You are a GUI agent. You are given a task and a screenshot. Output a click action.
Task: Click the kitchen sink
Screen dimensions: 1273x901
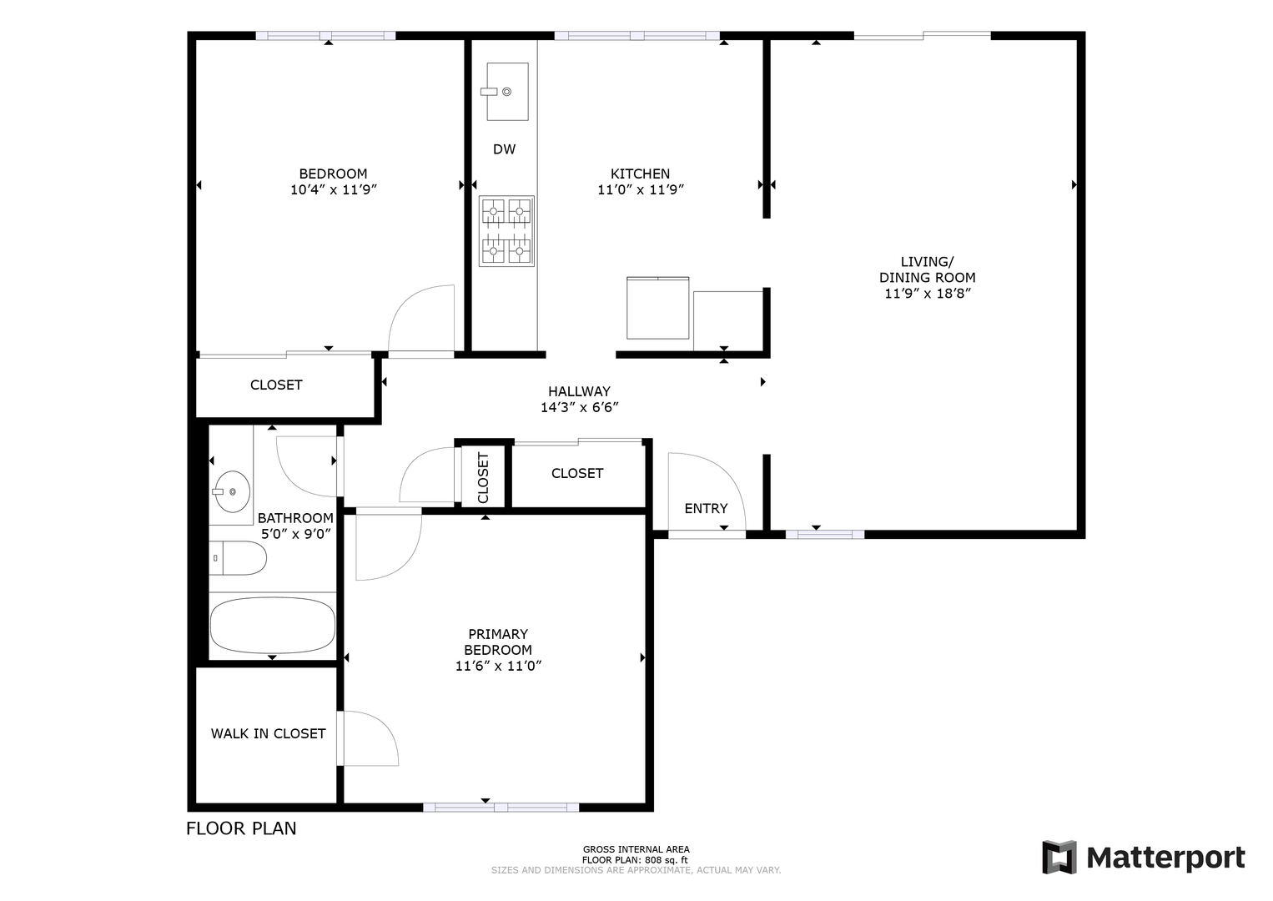[x=507, y=92]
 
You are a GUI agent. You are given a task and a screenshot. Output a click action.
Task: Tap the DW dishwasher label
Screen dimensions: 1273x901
[x=504, y=149]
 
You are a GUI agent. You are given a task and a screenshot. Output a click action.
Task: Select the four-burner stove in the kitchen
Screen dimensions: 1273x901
[x=506, y=231]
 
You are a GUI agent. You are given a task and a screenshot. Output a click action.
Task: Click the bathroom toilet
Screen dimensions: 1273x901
[x=238, y=558]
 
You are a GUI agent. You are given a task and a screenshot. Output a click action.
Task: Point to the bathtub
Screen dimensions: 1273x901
[x=272, y=626]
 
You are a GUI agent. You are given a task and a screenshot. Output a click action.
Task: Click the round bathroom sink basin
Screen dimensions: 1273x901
[x=232, y=491]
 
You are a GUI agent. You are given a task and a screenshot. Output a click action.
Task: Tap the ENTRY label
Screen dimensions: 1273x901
[x=706, y=509]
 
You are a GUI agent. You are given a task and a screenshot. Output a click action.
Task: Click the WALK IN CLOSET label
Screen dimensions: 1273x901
[x=269, y=734]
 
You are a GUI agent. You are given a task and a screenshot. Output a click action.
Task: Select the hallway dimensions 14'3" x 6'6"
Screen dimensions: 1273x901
[x=579, y=408]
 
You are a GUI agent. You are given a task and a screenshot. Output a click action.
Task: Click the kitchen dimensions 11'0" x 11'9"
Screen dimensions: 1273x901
[x=641, y=190]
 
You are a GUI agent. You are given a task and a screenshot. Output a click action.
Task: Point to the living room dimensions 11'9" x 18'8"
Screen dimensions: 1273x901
[x=928, y=294]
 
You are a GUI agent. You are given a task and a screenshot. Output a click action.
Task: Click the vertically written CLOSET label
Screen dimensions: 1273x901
[x=483, y=477]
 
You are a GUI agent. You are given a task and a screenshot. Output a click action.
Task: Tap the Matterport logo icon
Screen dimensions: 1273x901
[x=1059, y=858]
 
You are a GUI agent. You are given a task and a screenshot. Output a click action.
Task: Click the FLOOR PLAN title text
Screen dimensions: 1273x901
[x=241, y=828]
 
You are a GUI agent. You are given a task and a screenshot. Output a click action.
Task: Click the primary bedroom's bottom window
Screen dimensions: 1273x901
[x=501, y=808]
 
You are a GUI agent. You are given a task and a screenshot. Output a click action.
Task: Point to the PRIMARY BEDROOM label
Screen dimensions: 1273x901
[x=498, y=642]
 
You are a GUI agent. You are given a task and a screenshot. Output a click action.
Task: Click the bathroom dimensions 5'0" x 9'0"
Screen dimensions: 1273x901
[x=295, y=535]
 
